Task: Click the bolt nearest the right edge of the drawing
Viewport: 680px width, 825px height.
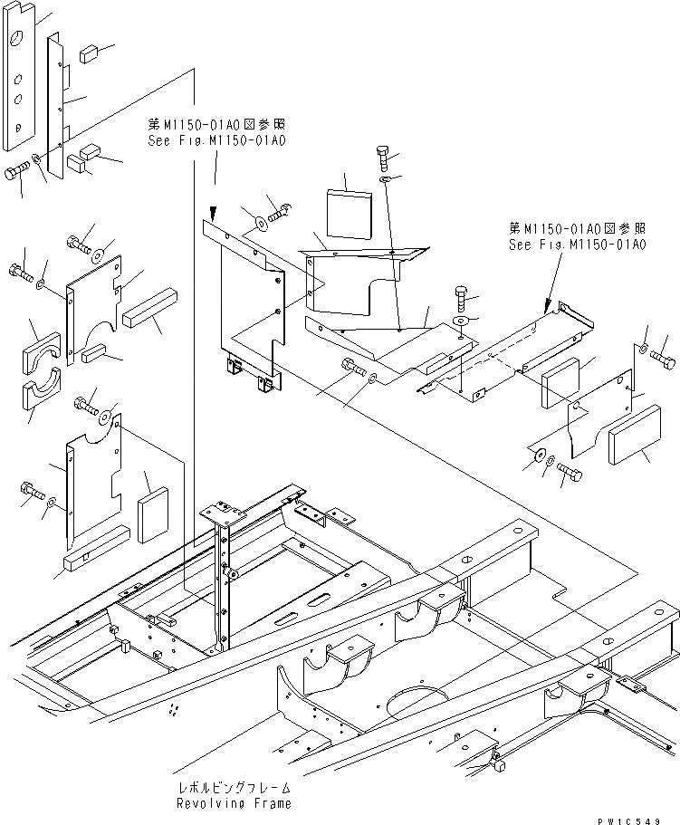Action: [663, 360]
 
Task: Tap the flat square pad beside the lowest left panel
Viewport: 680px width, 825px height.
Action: [154, 513]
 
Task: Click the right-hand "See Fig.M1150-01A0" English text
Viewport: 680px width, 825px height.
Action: [577, 245]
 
